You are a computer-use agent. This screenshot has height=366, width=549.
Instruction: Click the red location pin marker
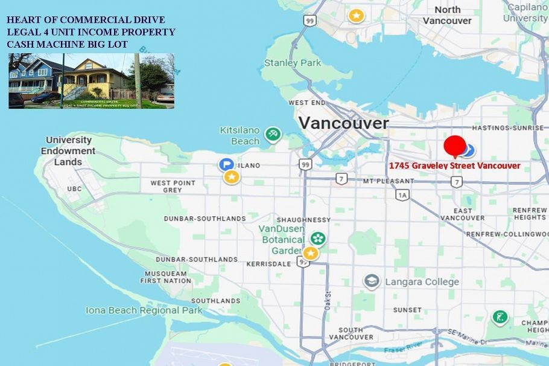454,146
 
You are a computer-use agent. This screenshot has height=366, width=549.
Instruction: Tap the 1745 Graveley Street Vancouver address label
454,165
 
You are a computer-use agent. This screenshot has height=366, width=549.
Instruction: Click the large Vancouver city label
343,123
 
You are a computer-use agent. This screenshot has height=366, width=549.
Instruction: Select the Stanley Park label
293,62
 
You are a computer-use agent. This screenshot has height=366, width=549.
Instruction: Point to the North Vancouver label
447,14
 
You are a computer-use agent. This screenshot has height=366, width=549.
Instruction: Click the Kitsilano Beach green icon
273,134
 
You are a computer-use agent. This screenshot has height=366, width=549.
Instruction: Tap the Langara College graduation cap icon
372,281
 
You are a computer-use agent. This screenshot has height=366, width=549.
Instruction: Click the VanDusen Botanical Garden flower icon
319,239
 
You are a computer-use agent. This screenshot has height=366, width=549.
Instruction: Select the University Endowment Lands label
71,150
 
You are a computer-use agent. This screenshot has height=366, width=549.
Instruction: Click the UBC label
74,189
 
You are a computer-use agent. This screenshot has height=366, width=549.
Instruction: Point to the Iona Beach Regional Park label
144,310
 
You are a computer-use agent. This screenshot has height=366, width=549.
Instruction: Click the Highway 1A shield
402,194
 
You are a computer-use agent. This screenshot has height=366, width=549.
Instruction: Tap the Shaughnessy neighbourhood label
303,220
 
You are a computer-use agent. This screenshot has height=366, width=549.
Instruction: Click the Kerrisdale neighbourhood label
269,264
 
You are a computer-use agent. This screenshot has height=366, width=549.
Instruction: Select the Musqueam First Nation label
166,277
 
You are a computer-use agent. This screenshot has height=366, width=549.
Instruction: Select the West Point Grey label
173,186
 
